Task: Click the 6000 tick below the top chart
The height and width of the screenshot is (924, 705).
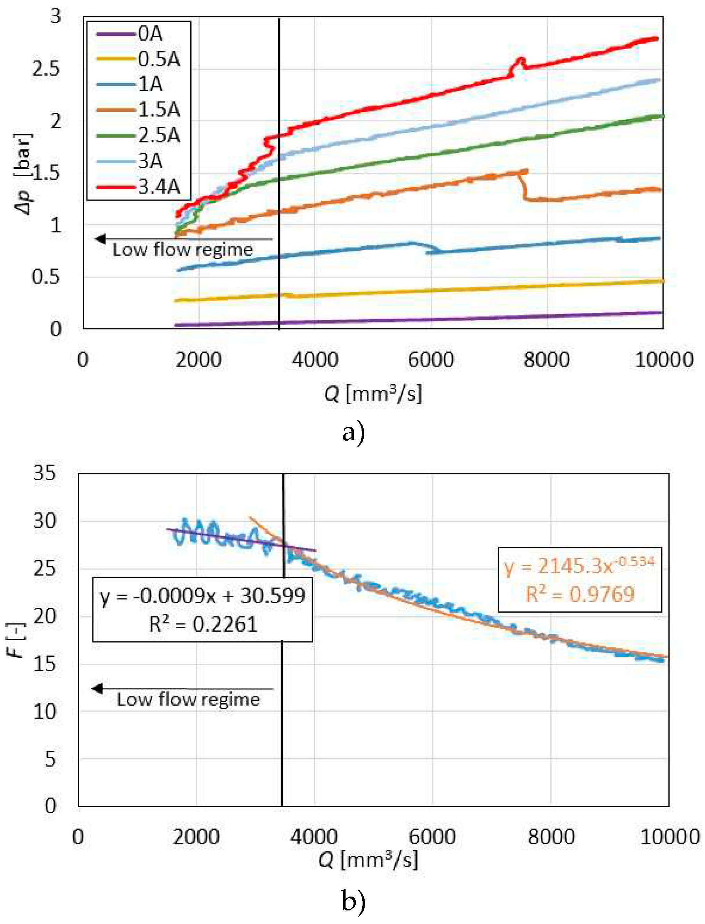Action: coord(431,360)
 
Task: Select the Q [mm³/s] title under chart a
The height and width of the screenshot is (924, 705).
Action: coord(373,393)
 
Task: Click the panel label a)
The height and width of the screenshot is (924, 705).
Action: coord(353,432)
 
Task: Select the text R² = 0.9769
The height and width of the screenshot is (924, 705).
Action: coord(580,594)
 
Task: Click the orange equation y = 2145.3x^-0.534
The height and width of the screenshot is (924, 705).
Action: coord(579,565)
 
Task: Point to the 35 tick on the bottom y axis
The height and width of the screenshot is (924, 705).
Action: coord(44,473)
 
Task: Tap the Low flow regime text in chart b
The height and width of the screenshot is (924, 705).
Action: coord(189,700)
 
